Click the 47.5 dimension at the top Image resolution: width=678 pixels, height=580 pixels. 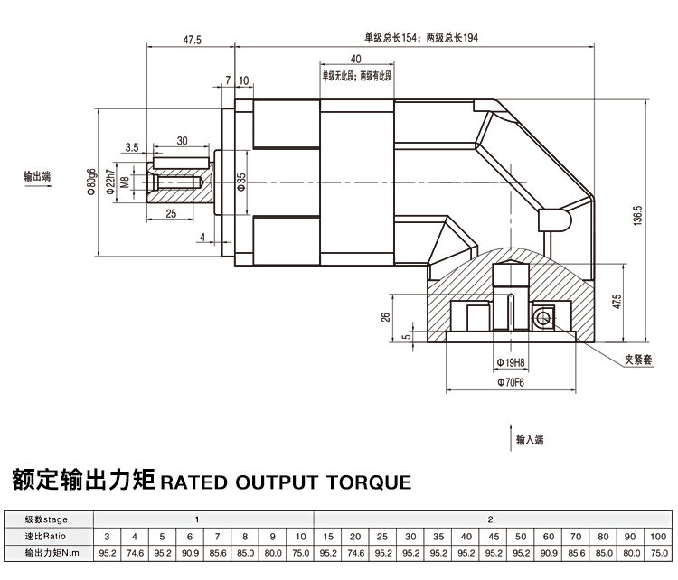coord(192,40)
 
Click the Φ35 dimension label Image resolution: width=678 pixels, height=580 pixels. coord(241,183)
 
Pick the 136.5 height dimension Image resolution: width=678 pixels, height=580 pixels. coord(637,217)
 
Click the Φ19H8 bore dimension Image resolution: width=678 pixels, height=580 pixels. coord(512,362)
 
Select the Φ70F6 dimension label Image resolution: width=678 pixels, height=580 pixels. coord(512,381)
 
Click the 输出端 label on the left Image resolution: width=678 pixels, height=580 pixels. coord(37,177)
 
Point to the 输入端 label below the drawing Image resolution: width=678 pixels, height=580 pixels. coord(529,441)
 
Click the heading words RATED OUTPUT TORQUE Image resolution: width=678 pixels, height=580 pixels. coord(285,480)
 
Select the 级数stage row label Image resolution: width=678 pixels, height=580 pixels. coord(47,519)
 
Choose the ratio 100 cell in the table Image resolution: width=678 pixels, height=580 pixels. coord(657,536)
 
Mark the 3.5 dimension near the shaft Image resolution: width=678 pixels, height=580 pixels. coord(132,145)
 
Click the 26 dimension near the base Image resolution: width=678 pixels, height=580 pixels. coord(386,316)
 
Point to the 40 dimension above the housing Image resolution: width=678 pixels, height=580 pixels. coord(355,59)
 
